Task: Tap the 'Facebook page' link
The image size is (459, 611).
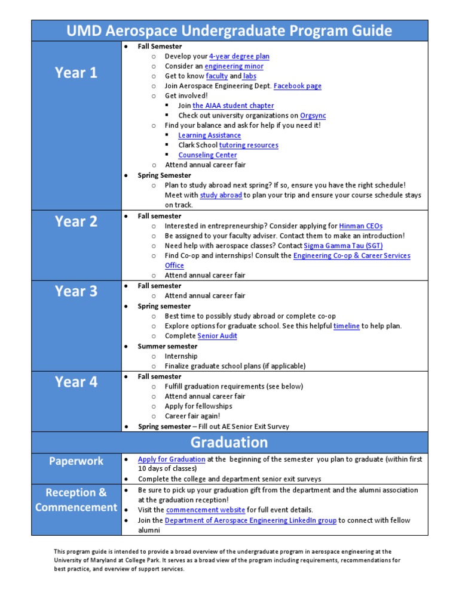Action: [x=297, y=86]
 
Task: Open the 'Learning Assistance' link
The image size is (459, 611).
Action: [x=209, y=135]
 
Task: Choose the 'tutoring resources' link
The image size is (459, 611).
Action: [x=249, y=145]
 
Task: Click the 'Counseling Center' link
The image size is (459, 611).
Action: [x=207, y=155]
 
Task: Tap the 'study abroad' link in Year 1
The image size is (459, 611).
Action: [x=221, y=195]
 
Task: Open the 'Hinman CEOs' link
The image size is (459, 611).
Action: [x=360, y=226]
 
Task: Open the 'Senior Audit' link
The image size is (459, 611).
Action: [x=217, y=336]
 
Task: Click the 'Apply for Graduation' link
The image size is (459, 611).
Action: [x=172, y=459]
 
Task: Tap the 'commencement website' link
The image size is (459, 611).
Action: [x=206, y=510]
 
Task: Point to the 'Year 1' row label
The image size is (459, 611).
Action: [x=76, y=73]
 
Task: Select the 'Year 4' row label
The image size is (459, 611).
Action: [x=76, y=382]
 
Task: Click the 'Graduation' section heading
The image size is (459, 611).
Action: [x=229, y=442]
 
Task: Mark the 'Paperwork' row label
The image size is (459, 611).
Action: [x=76, y=461]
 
